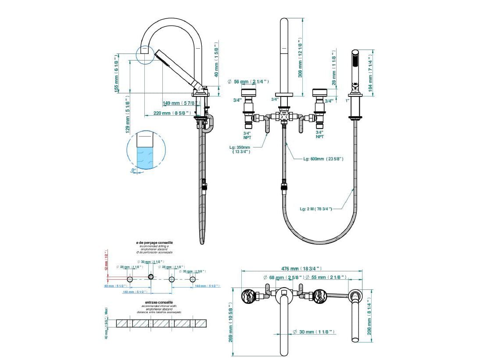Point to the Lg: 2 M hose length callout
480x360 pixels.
(316, 209)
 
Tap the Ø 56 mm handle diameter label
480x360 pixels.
(248, 82)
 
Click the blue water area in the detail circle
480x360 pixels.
(145, 158)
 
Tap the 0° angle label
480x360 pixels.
(133, 169)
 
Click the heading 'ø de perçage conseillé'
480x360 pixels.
(154, 242)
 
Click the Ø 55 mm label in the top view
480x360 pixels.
(326, 277)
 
